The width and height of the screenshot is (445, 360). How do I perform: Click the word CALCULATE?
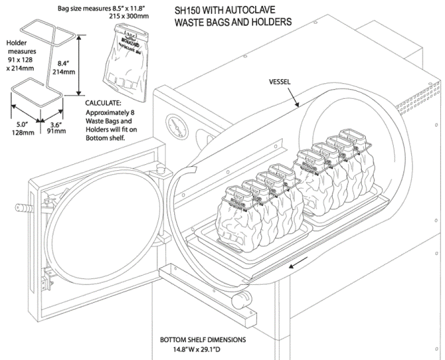click(107, 104)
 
